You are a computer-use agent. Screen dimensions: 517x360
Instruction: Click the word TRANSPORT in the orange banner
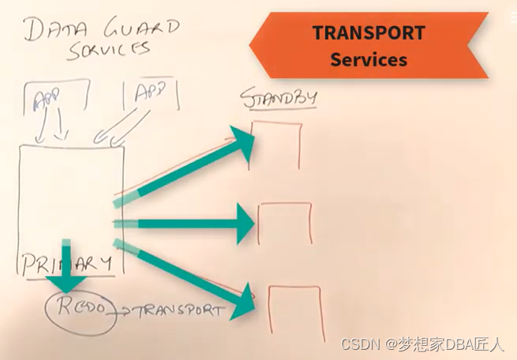(368, 33)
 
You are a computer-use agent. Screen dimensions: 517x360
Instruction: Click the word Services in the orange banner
(369, 59)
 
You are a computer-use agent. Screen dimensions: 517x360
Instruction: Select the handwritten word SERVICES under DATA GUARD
(108, 49)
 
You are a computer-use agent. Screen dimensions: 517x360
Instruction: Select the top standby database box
(275, 145)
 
